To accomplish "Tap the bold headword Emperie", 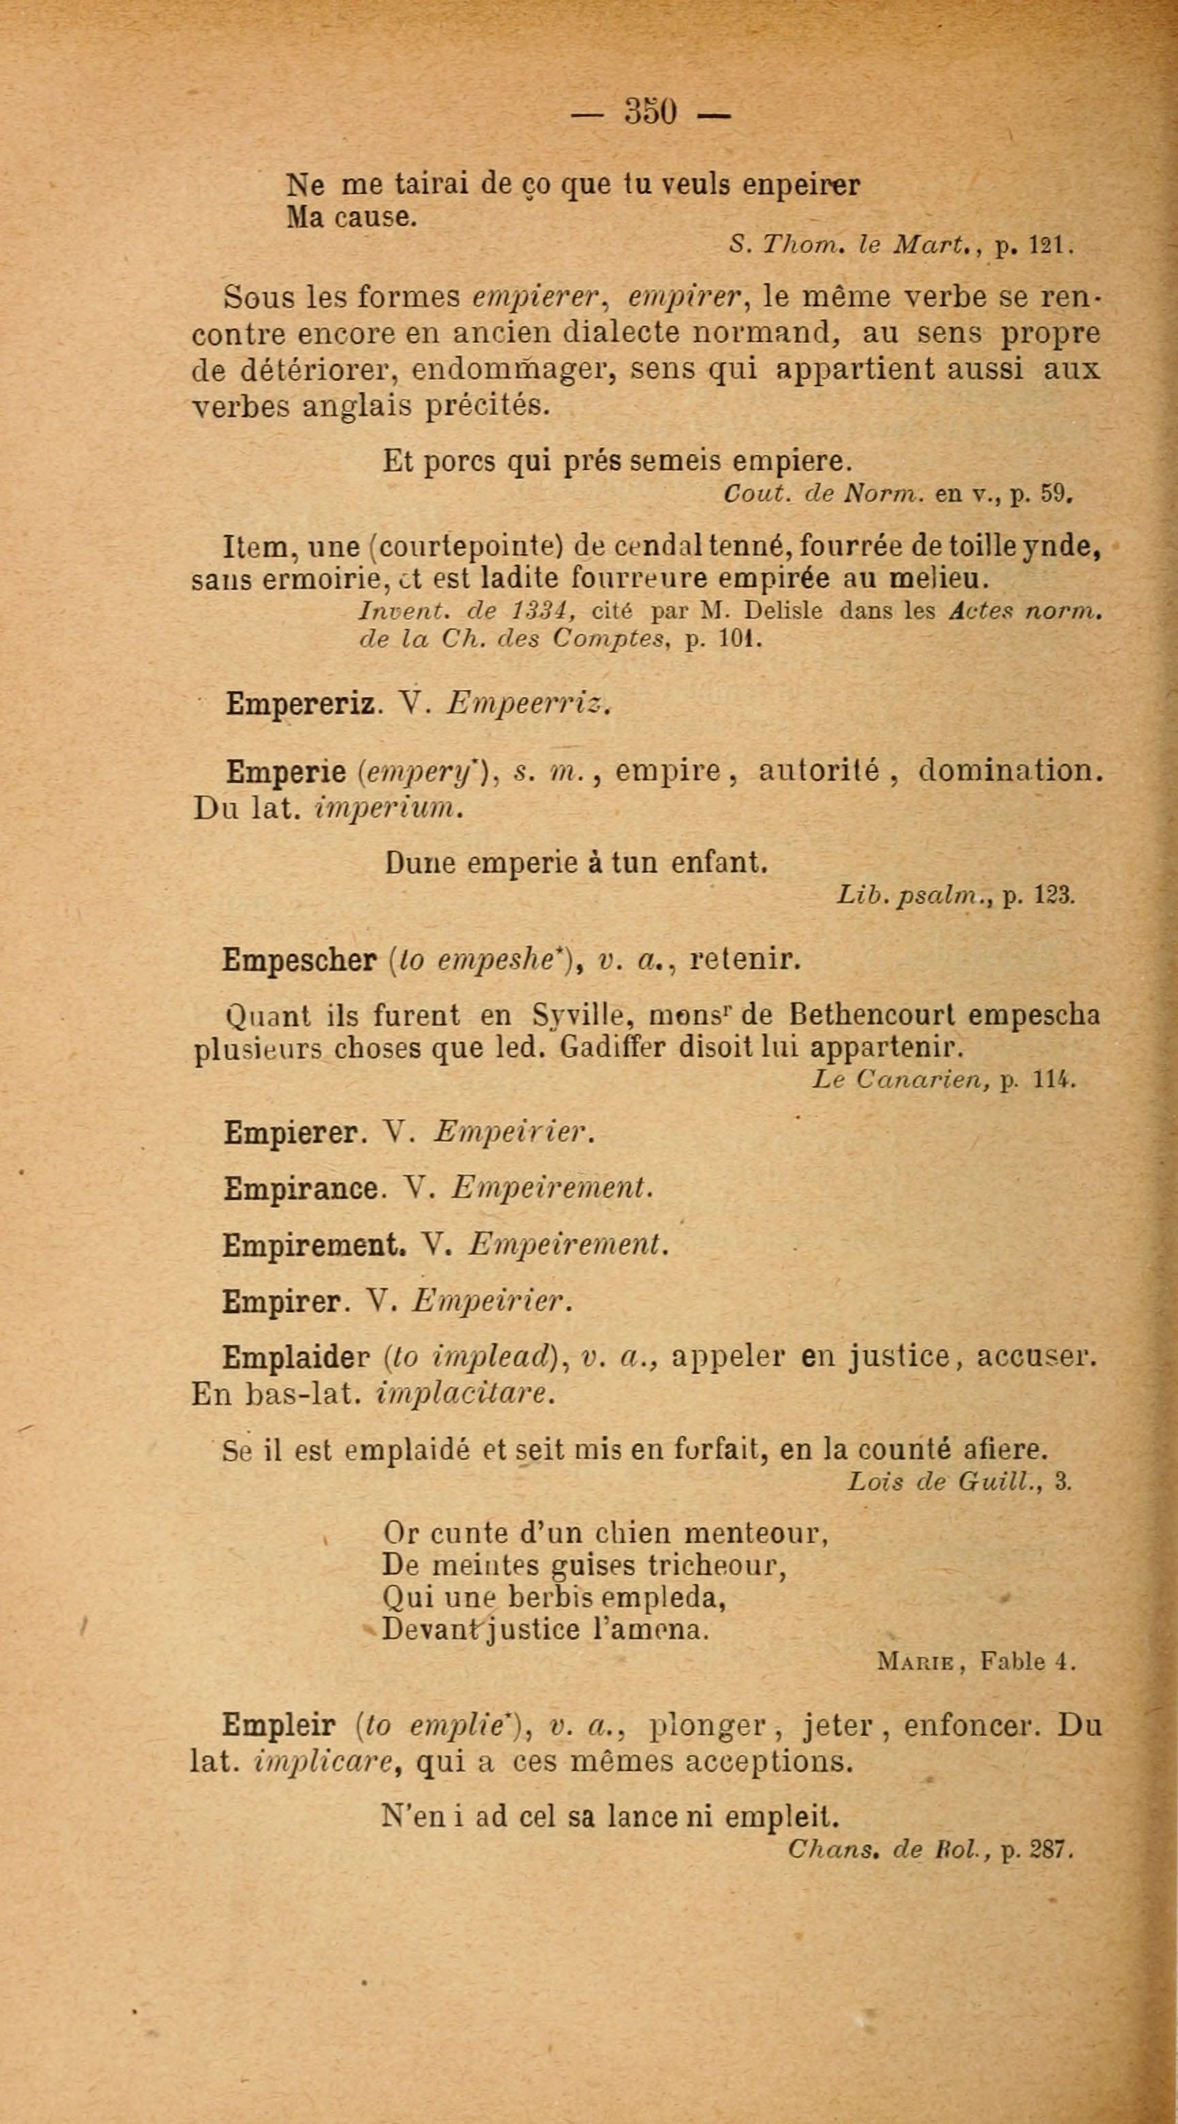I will tap(285, 772).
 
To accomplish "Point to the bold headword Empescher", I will tap(299, 960).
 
